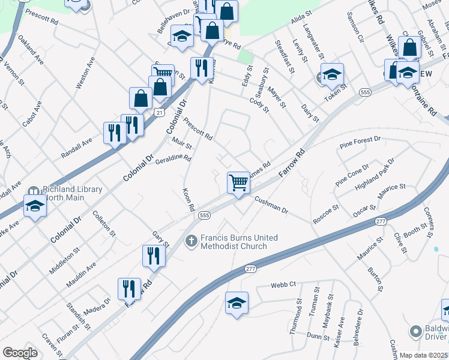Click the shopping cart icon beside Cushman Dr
coord(239,182)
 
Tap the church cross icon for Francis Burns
coord(191,241)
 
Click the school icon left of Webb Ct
coord(237,304)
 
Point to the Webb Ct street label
coord(283,284)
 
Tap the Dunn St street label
coord(318,337)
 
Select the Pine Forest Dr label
coord(360,142)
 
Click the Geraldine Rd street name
coord(173,158)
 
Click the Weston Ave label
coord(85,73)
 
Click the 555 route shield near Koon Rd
coord(204,215)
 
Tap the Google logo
coord(20,352)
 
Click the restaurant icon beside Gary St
coord(154,256)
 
